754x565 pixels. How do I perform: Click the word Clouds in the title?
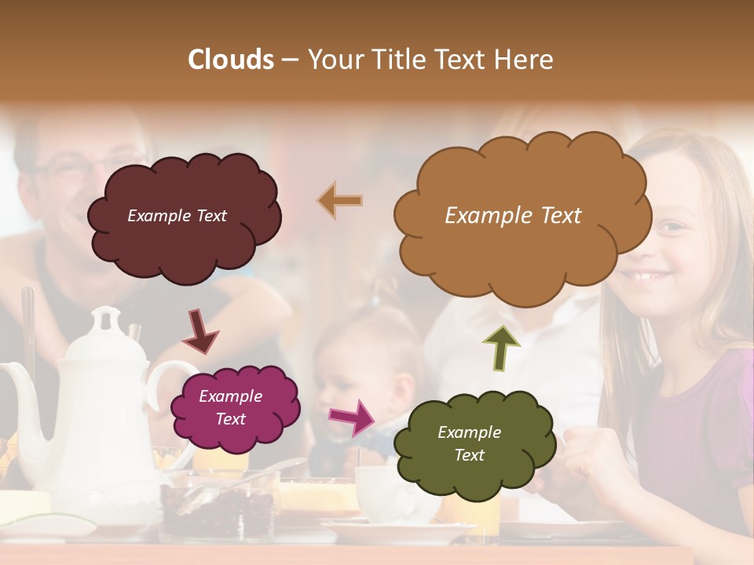(231, 60)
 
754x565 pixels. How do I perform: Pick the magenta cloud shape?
(235, 430)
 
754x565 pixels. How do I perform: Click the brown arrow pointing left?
(340, 201)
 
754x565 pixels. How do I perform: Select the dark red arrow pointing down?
(200, 332)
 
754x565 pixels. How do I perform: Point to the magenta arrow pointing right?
(352, 417)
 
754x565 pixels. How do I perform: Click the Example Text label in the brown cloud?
(513, 215)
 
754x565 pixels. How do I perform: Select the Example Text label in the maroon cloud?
(177, 216)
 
